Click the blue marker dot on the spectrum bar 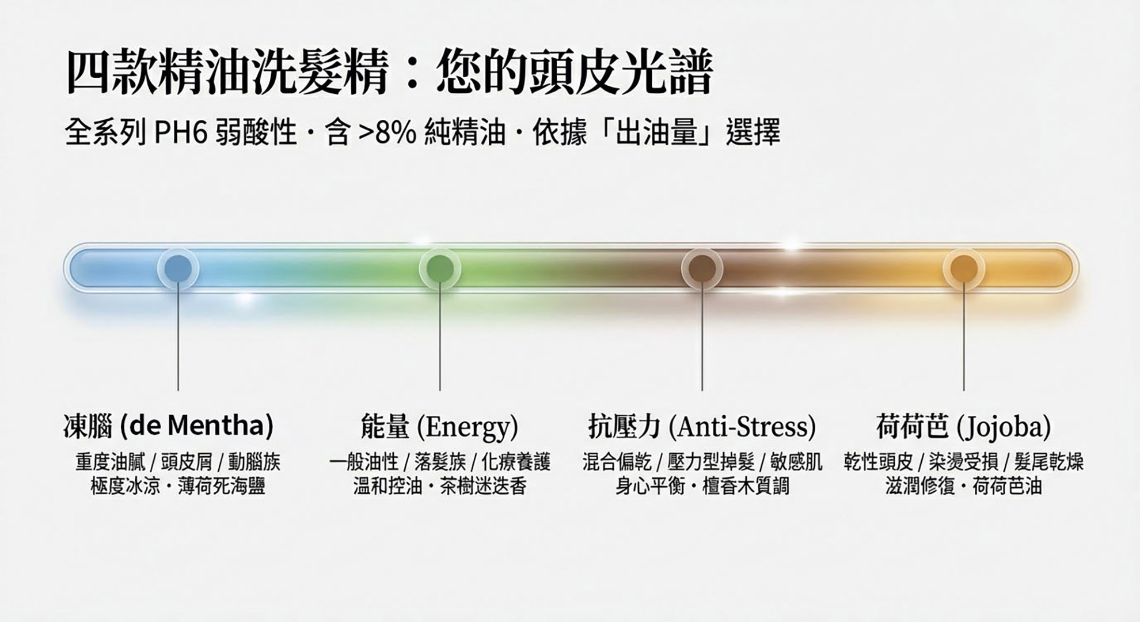tap(178, 268)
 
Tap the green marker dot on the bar tap(440, 268)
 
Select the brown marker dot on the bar tap(702, 268)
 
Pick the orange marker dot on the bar tap(964, 268)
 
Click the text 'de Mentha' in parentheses tap(197, 426)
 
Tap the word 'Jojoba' tap(1004, 427)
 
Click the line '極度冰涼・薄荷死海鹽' tap(178, 487)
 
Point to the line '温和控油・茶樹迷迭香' tap(440, 487)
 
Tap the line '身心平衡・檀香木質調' tap(702, 487)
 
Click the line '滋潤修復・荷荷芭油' tap(964, 487)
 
